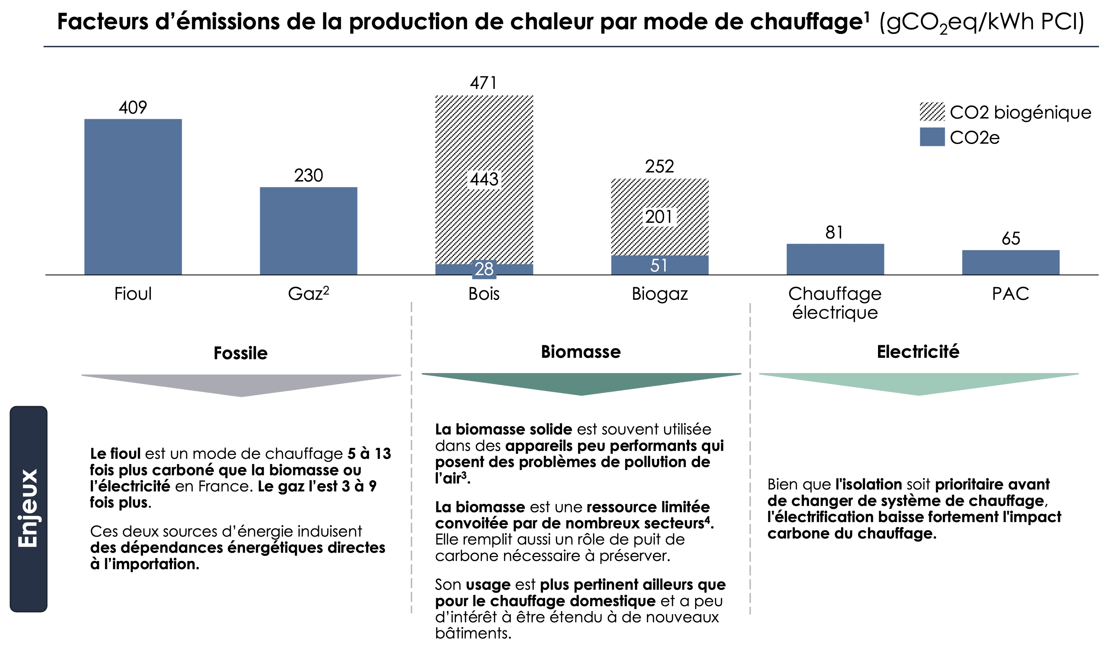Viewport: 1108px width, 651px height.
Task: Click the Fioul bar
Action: click(x=133, y=197)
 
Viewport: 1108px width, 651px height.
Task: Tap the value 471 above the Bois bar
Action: click(x=483, y=83)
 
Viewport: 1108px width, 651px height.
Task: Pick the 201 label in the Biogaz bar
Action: click(x=659, y=216)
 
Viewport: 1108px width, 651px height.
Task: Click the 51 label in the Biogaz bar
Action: click(x=659, y=265)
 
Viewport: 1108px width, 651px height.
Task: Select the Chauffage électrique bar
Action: click(x=835, y=259)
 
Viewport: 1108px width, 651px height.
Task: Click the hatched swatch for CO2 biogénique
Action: click(x=932, y=112)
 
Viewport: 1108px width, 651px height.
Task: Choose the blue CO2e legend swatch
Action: click(x=932, y=137)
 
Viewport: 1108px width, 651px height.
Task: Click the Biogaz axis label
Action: click(x=660, y=293)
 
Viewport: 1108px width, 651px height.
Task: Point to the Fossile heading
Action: click(x=241, y=353)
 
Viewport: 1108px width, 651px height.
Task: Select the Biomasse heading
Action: click(x=580, y=351)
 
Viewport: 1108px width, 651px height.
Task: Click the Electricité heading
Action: click(x=918, y=351)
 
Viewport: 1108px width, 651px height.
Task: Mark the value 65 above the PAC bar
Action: click(x=1010, y=238)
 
